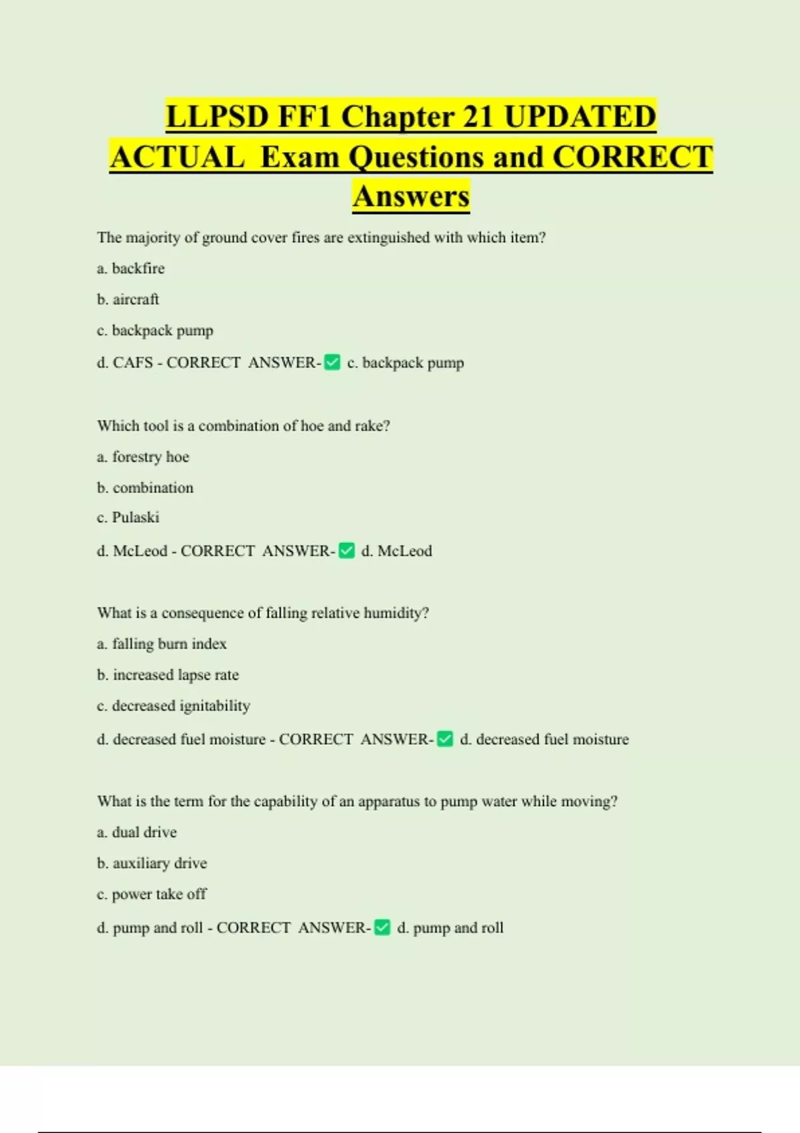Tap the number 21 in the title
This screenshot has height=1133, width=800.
click(477, 117)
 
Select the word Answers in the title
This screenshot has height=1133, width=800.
click(411, 197)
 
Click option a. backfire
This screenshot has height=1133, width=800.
click(131, 269)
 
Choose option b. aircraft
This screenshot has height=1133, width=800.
click(128, 299)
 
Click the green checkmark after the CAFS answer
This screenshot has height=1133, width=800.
click(332, 363)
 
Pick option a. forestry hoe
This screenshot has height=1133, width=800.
click(143, 457)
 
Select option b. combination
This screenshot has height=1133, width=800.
click(145, 488)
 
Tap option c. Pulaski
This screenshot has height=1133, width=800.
click(128, 518)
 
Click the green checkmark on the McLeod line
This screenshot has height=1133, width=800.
click(347, 551)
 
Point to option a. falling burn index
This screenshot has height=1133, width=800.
click(162, 644)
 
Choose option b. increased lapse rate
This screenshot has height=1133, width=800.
click(168, 675)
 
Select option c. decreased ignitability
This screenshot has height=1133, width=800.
click(173, 706)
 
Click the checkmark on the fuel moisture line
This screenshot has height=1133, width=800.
click(445, 739)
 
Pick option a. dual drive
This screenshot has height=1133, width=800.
click(137, 832)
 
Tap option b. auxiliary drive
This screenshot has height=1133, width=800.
click(152, 863)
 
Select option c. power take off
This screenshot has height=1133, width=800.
click(152, 894)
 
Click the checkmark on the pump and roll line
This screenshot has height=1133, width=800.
click(382, 928)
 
